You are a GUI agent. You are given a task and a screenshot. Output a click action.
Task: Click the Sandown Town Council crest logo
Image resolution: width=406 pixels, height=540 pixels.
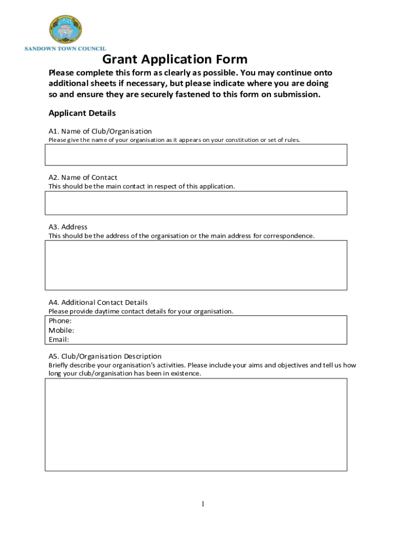[x=65, y=30]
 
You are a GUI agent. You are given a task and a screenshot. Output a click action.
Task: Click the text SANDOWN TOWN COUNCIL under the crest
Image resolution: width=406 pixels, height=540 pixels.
[x=65, y=49]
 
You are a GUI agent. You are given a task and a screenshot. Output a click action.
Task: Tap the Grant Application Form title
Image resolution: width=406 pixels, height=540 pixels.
[x=175, y=59]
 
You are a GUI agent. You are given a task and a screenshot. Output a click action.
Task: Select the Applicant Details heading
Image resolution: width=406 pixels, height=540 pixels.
[x=82, y=113]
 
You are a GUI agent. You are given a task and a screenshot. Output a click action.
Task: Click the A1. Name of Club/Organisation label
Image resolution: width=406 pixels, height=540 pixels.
[x=100, y=131]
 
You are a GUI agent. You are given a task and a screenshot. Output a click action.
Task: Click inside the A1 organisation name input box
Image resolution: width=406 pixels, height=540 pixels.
[x=196, y=155]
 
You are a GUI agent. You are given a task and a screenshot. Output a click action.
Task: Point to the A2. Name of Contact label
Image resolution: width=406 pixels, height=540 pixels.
[x=83, y=178]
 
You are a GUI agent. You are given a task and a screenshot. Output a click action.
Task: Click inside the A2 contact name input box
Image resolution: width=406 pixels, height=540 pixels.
[x=196, y=203]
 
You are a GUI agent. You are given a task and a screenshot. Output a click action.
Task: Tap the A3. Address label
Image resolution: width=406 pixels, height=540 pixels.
[x=68, y=227]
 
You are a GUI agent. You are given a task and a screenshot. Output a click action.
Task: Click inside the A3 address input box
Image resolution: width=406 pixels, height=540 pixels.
[x=196, y=265]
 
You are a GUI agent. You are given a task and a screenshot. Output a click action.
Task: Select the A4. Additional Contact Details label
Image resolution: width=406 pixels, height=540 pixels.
[x=98, y=303]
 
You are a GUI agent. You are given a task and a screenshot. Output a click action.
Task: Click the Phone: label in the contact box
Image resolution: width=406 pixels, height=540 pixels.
[x=60, y=321]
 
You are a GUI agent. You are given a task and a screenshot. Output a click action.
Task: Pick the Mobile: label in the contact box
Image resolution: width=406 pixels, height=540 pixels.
[x=61, y=330]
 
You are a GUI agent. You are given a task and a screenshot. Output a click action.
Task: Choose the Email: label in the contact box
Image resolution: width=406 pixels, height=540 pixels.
[x=59, y=340]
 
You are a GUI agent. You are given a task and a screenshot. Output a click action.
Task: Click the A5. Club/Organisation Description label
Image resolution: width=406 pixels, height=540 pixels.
[x=105, y=356]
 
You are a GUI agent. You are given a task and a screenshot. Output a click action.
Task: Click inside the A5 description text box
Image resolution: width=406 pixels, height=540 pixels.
[x=196, y=424]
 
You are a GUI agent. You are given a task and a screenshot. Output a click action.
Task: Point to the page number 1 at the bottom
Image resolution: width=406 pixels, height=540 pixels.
[x=202, y=505]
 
